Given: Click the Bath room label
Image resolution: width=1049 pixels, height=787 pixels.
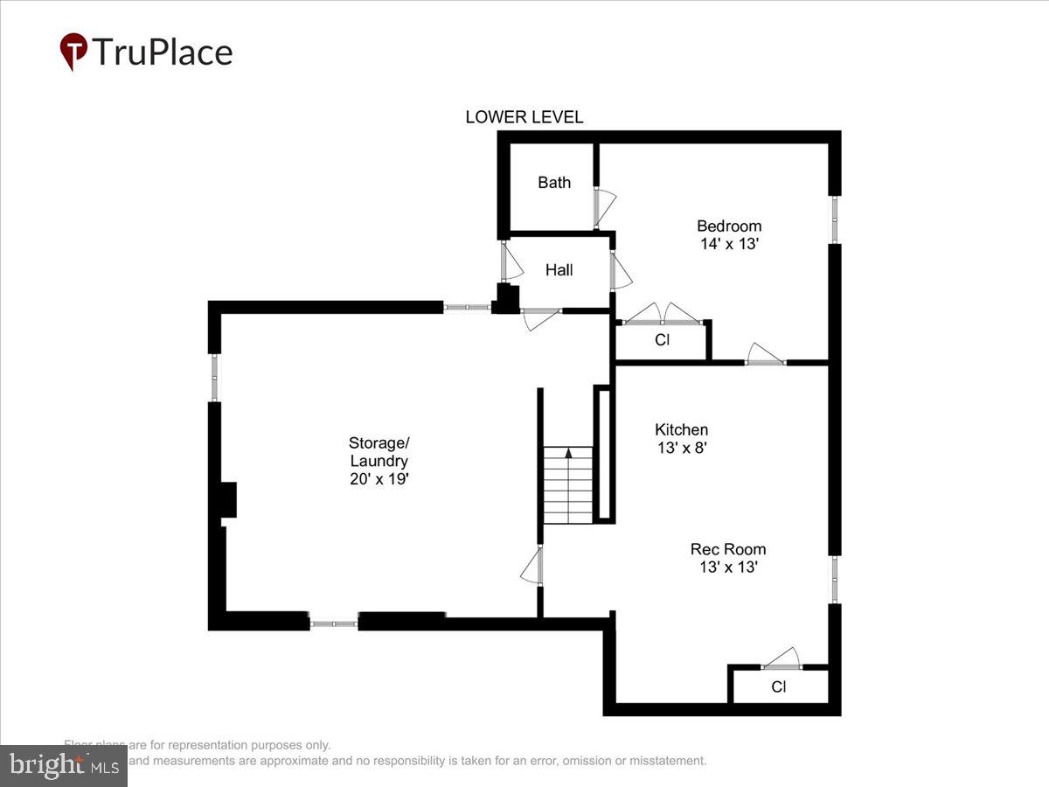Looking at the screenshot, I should point(554,183).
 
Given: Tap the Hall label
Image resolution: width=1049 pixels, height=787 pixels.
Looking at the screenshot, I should point(559,270).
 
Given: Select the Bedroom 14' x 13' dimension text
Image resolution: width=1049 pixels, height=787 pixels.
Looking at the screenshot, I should point(729,244).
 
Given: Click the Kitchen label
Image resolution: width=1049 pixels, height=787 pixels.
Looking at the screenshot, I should point(681,429).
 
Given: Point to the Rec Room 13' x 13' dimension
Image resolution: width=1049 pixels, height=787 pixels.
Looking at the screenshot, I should point(727,567).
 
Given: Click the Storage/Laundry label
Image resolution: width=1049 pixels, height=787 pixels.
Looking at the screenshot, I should point(379,451).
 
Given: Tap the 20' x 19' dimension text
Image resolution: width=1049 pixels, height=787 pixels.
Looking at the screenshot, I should point(379,479).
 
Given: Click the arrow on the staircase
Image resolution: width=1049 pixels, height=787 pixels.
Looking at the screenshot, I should point(569,453).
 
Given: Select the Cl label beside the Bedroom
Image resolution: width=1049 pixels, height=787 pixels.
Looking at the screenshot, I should point(662,340).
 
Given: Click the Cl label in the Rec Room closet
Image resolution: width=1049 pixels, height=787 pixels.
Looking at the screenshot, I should point(778,687).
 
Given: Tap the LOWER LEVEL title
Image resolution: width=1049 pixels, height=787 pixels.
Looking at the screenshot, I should point(524,117).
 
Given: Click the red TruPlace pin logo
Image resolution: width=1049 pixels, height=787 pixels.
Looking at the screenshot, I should point(73,51).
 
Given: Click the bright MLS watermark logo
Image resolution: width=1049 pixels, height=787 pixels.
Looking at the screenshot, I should point(63,766).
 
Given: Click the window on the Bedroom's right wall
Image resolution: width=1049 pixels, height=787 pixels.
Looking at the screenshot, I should point(835,219).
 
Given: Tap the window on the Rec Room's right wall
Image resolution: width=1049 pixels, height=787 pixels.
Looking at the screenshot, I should point(835,579).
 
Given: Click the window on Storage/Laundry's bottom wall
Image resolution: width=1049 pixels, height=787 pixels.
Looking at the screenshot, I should point(334,623).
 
